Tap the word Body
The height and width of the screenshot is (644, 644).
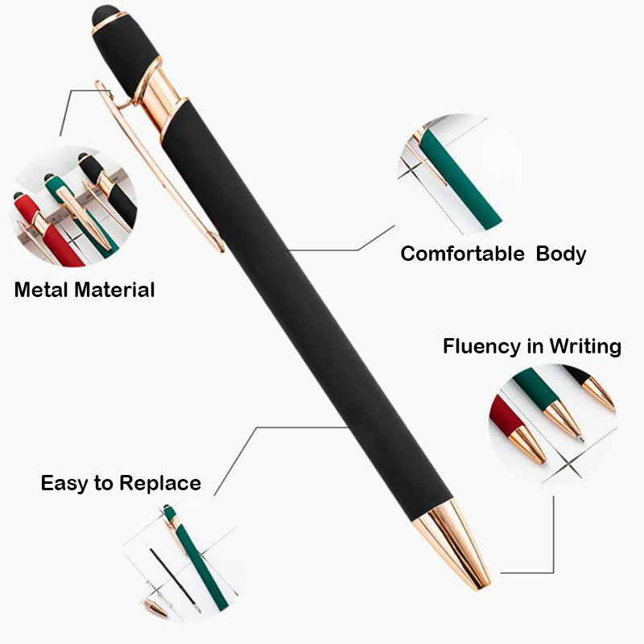click(560, 254)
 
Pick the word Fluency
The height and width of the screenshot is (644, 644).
click(481, 347)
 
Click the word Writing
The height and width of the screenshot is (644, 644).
click(585, 347)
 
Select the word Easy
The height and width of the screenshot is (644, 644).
click(64, 484)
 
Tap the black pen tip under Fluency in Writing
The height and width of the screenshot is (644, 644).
click(597, 391)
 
